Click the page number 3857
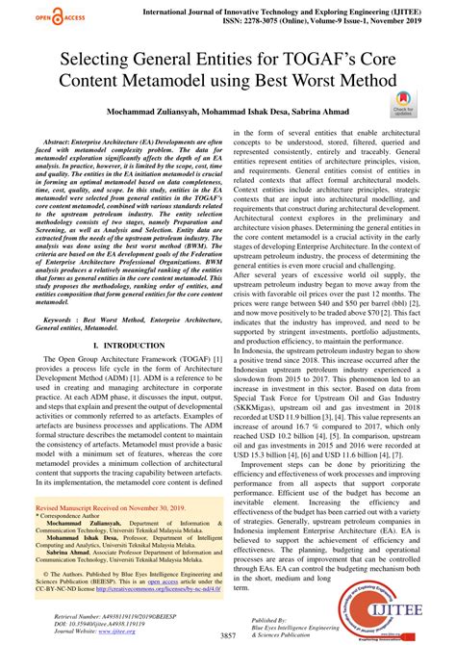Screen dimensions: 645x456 [x=228, y=636]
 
